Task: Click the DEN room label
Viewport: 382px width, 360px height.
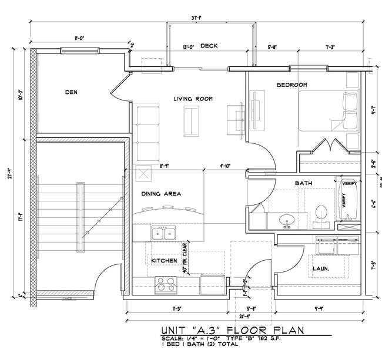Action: [x=71, y=92]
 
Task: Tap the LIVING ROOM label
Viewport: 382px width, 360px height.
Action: [x=193, y=99]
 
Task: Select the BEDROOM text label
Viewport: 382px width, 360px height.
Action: [x=291, y=85]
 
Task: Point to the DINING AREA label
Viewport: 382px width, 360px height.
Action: [x=160, y=193]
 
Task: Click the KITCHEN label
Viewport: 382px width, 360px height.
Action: [x=164, y=260]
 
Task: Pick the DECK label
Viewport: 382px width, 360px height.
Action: [x=209, y=46]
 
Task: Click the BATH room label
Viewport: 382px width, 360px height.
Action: [x=303, y=184]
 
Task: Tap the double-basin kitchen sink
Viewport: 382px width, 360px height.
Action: [x=163, y=234]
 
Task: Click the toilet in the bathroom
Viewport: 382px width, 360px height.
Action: [x=321, y=214]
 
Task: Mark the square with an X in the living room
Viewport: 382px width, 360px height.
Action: [x=143, y=173]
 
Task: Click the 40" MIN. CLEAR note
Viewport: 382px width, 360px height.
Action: [x=184, y=258]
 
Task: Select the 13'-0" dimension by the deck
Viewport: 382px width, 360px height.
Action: [x=189, y=46]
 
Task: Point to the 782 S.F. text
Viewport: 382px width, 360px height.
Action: [x=263, y=340]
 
